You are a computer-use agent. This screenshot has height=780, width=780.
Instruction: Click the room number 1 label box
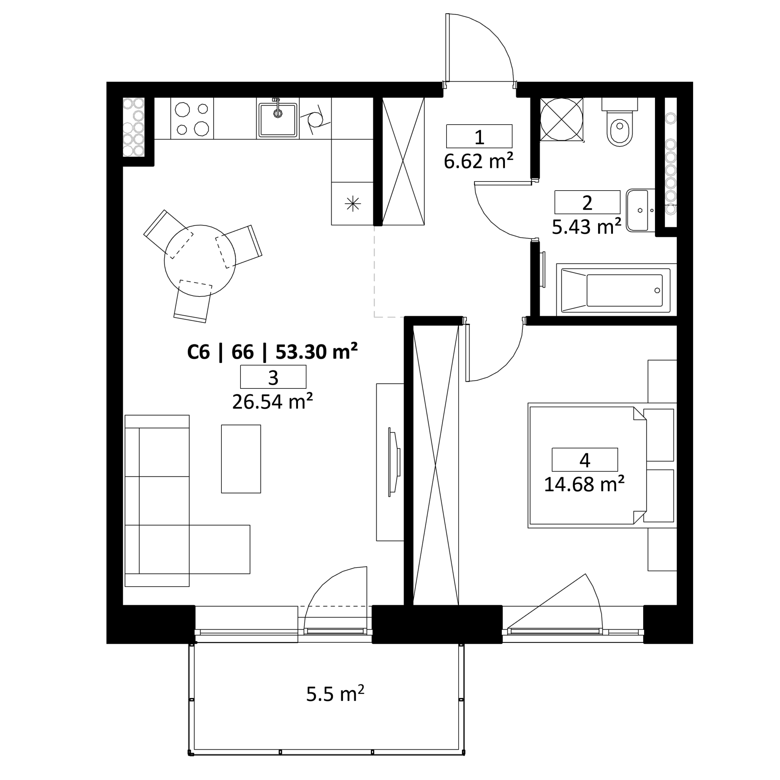pos(479,136)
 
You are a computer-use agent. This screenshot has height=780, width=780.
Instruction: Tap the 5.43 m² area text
pos(586,227)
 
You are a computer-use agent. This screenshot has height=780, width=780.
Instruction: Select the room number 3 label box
pos(273,377)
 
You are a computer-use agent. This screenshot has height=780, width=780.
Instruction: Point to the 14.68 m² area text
pos(584,484)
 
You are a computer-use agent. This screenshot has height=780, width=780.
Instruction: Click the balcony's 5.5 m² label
pos(335,693)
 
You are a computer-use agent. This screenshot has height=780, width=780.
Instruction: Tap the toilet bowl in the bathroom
pos(620,123)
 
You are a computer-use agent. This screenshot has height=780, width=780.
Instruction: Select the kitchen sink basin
pos(278,120)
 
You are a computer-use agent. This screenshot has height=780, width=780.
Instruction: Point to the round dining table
pos(200,261)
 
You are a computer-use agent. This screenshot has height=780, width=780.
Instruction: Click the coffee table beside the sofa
pos(241,459)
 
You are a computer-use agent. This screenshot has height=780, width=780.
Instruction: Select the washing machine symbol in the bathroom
pos(562,120)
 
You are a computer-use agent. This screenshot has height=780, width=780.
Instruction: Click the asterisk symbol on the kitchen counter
pos(352,204)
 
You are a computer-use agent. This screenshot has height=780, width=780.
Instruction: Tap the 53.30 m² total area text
pos(316,352)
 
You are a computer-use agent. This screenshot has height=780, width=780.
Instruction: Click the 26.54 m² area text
pos(273,402)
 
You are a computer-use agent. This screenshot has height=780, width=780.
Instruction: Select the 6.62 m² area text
pos(478,162)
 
